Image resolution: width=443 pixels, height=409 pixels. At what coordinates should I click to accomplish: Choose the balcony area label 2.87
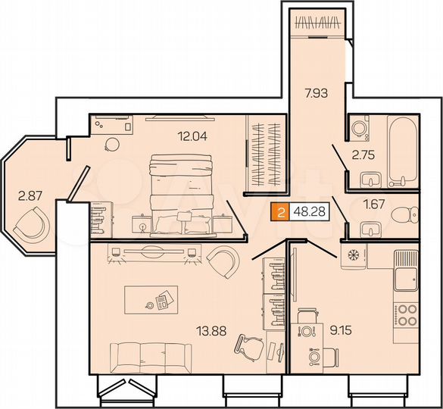(x=30, y=195)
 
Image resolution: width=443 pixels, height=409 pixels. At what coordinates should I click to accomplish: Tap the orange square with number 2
(x=281, y=214)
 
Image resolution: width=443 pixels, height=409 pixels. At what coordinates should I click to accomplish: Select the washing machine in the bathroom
(x=360, y=125)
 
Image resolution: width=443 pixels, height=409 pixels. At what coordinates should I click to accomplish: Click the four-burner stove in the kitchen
(x=407, y=314)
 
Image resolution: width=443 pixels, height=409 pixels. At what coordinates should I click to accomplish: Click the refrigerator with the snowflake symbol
(x=353, y=255)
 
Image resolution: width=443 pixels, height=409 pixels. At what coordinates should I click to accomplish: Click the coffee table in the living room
(x=151, y=299)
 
